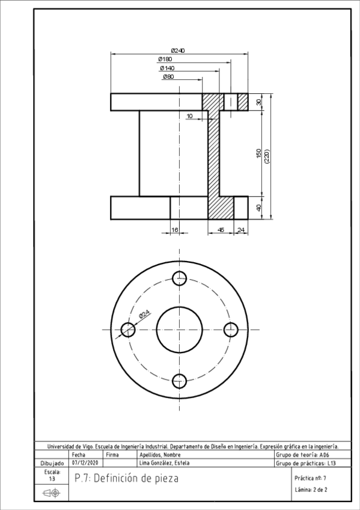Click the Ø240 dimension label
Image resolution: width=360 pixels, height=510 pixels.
click(178, 51)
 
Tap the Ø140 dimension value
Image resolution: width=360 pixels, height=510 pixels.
click(167, 69)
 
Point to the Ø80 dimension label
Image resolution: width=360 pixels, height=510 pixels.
click(168, 77)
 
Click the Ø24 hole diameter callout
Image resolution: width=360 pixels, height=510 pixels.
click(145, 314)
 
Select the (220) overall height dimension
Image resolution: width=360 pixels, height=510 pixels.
click(267, 158)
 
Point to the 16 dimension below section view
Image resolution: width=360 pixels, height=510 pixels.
click(175, 230)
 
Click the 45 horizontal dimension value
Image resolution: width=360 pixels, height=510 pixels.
click(221, 230)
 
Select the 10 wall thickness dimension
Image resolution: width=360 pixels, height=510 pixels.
click(190, 115)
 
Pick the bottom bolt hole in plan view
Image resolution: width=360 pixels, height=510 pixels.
click(179, 381)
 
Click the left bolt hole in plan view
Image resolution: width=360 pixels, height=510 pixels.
click(127, 330)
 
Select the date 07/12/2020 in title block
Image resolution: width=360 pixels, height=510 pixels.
click(85, 463)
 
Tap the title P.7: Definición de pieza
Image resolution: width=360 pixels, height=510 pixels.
click(126, 479)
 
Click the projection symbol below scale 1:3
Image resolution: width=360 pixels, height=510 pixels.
click(52, 493)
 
